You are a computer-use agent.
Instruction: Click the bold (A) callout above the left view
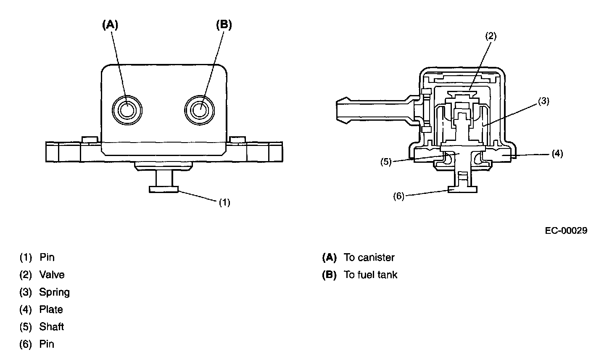(x=110, y=25)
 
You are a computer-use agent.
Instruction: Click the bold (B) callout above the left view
(x=224, y=25)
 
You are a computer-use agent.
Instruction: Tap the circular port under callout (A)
(x=127, y=111)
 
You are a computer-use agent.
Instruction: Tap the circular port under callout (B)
(x=200, y=111)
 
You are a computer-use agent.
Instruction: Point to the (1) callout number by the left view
(x=224, y=202)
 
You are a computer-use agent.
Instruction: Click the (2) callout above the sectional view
(x=491, y=36)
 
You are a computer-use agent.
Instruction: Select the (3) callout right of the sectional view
(x=544, y=101)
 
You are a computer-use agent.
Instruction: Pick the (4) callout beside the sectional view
(x=557, y=154)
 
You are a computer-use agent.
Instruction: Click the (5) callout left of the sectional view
(x=386, y=162)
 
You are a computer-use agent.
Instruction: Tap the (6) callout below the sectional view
(x=398, y=196)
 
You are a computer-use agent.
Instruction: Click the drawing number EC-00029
(x=566, y=230)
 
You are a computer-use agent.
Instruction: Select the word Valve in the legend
(x=52, y=275)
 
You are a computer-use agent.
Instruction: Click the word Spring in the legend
(x=55, y=292)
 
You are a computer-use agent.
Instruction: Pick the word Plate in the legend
(x=51, y=310)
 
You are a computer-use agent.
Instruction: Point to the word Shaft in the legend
(x=52, y=327)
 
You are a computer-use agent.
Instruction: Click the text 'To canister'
(x=369, y=257)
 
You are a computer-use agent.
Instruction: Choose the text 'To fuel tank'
(x=370, y=275)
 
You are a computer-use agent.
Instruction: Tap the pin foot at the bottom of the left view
(x=164, y=189)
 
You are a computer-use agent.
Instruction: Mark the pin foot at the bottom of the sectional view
(x=462, y=189)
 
